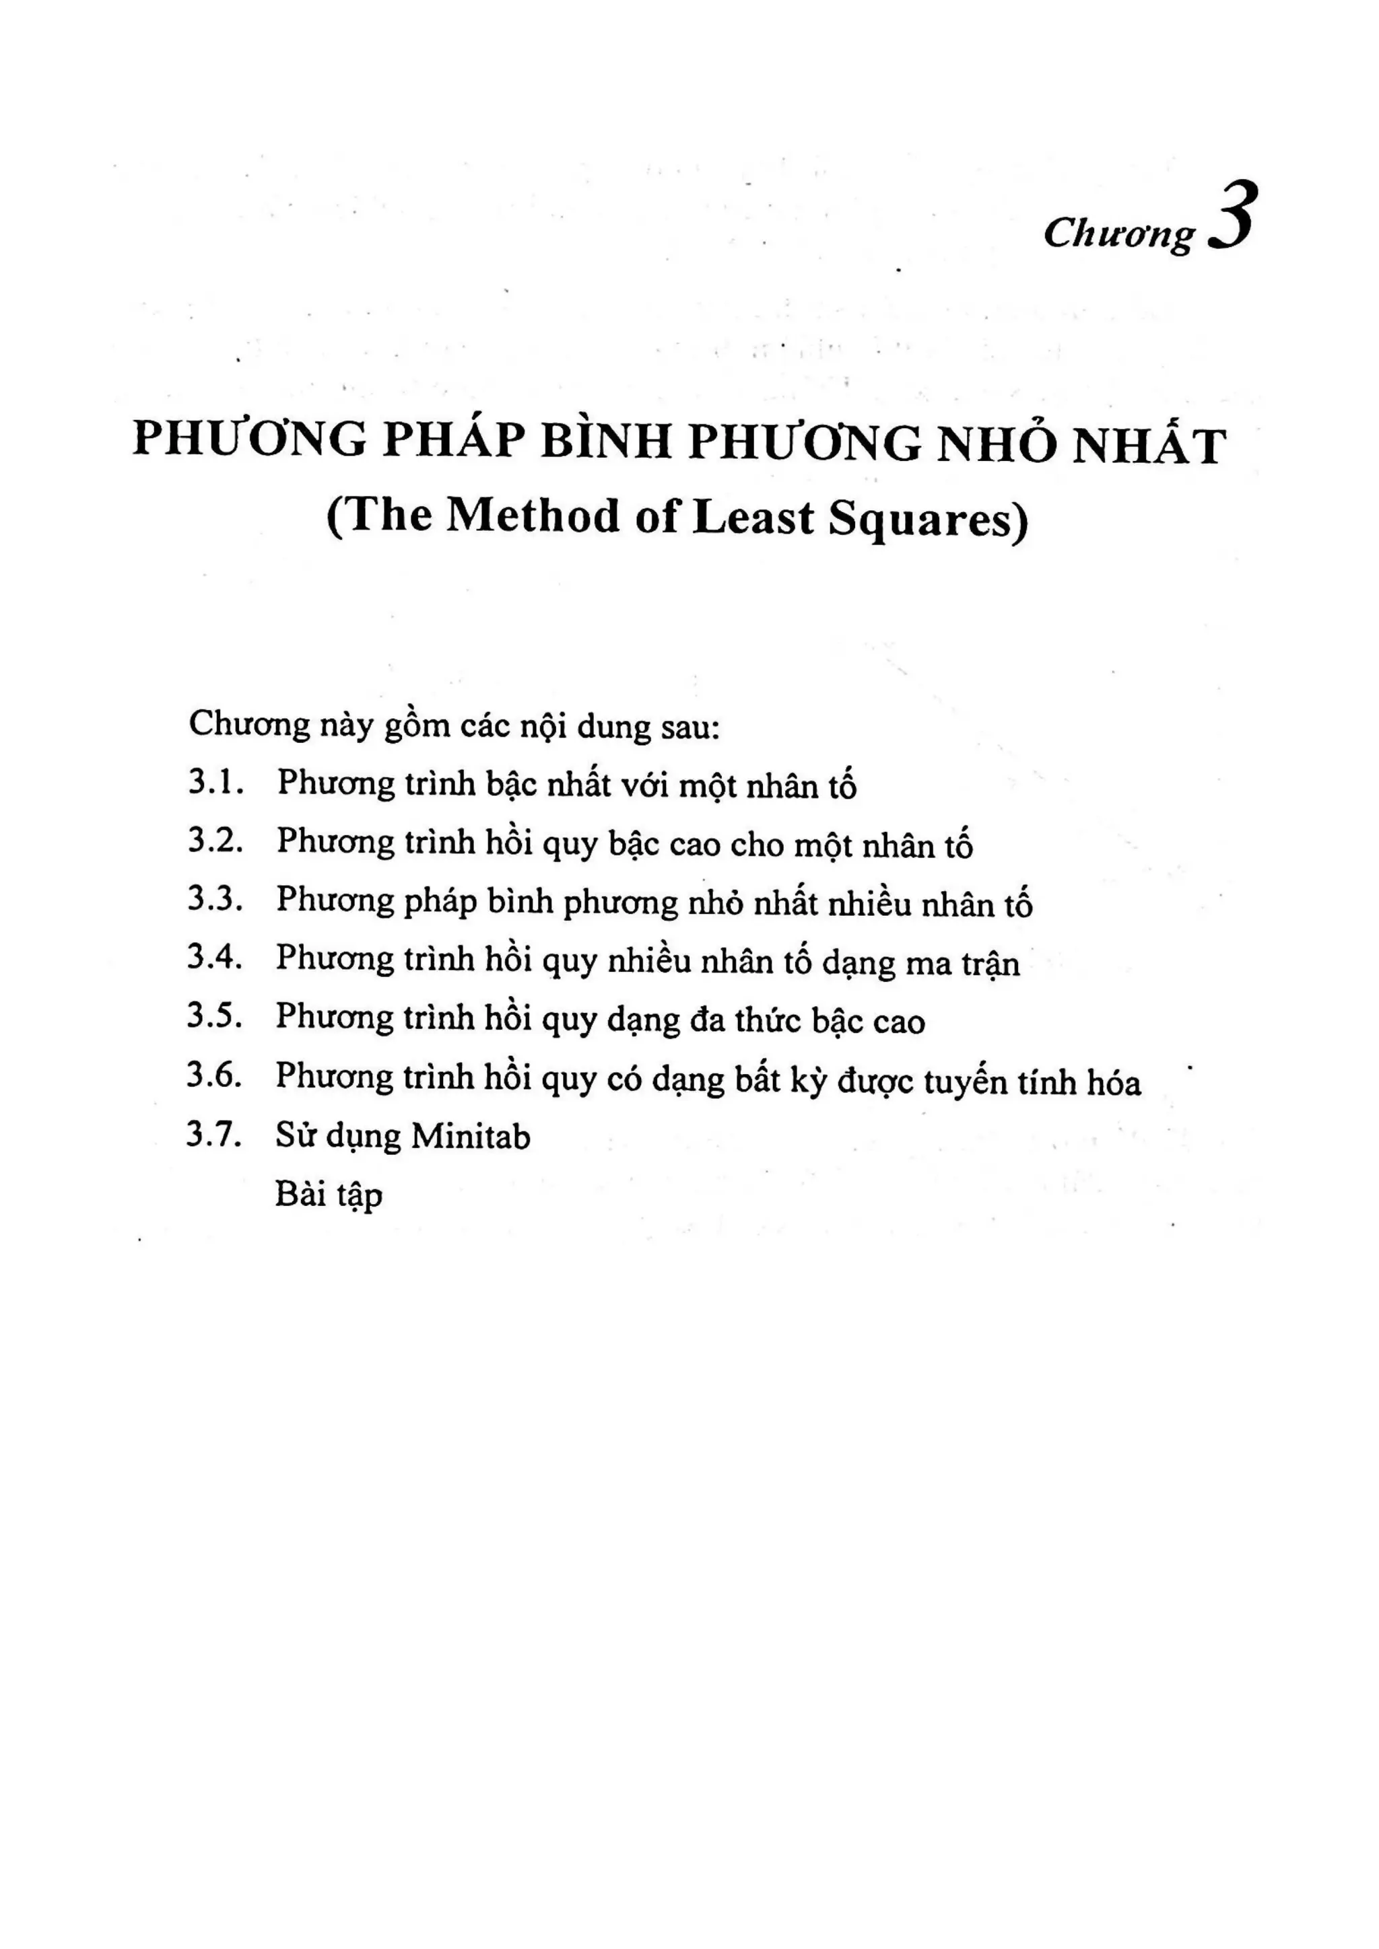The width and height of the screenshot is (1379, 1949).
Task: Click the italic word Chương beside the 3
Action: [x=1118, y=234]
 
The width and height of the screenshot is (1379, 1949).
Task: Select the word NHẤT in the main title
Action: [x=1148, y=445]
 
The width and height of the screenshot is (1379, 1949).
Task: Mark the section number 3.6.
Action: [x=215, y=1075]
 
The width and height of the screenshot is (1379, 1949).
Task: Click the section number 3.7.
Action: [x=215, y=1135]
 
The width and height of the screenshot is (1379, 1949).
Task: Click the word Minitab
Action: [x=471, y=1136]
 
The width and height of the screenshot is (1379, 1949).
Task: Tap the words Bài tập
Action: [x=329, y=1195]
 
